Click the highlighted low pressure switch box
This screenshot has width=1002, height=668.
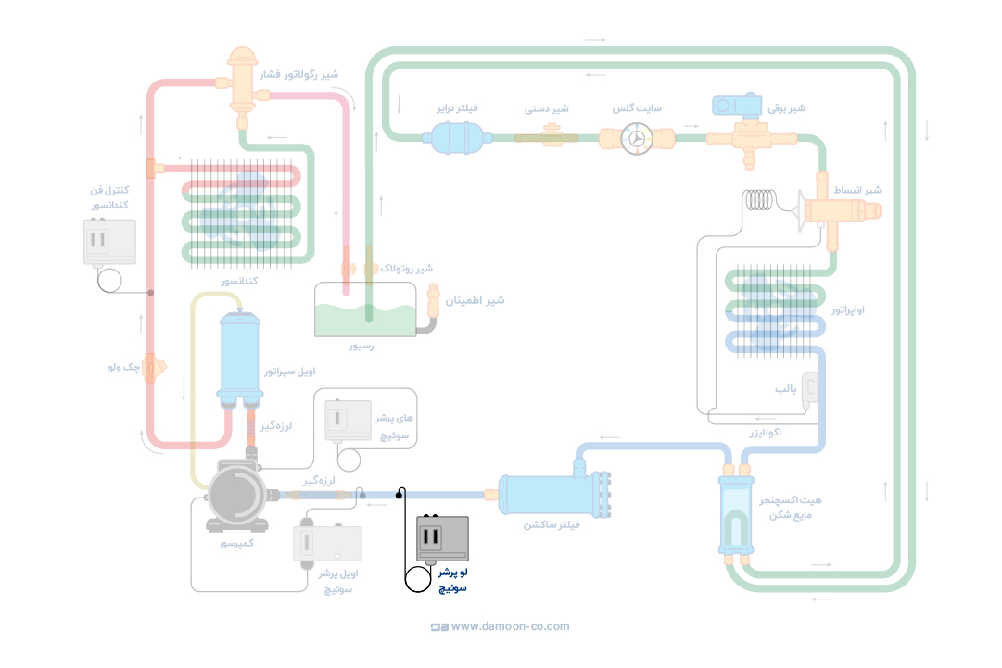pos(443,538)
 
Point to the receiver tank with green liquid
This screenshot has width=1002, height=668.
pos(365,309)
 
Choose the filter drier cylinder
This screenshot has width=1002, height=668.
pos(452,138)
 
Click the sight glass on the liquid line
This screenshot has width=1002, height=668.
pos(637,138)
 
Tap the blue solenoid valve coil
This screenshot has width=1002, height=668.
pos(737,105)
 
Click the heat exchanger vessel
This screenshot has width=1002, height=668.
pos(737,514)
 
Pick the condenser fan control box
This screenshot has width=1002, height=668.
pos(109,242)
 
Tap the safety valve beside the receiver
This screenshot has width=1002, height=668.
pos(433,302)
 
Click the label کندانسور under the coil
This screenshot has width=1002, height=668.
pos(238,280)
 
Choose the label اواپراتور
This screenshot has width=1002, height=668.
pos(847,309)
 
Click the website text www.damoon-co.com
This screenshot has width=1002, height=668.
pos(511,626)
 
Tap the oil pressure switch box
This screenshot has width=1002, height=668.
pos(327,544)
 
